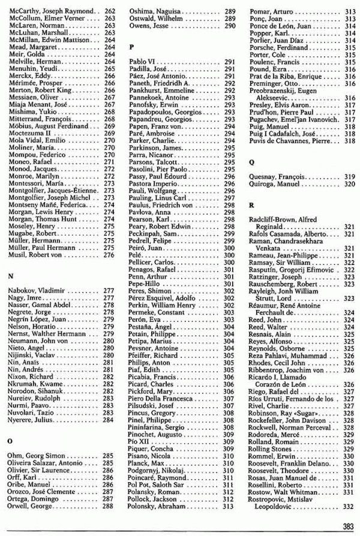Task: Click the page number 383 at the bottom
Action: (x=347, y=526)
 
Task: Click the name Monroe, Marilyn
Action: (x=34, y=176)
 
